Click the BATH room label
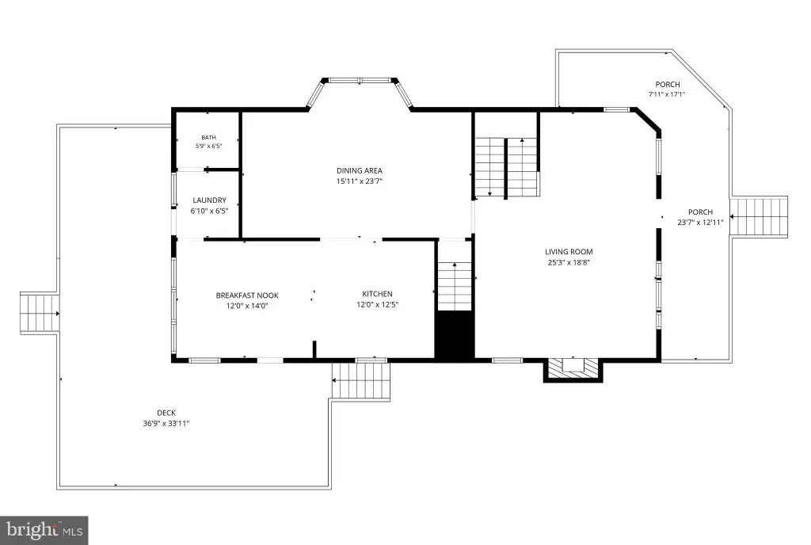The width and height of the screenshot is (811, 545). tap(208, 138)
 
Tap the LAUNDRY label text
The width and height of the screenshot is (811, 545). tap(209, 200)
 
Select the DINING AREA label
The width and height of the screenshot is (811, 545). tap(360, 170)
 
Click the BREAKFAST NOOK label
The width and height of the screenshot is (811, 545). tap(247, 295)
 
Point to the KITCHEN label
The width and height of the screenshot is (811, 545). tap(377, 294)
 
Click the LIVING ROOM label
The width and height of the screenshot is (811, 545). tap(569, 252)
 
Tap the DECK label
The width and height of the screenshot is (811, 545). tap(166, 413)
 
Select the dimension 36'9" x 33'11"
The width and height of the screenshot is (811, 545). tap(166, 424)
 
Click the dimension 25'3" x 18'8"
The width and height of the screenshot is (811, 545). tap(569, 262)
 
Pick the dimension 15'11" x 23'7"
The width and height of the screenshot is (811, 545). tap(360, 181)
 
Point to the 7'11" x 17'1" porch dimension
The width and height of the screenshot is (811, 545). tap(667, 94)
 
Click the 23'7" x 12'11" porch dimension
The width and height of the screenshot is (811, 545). tap(700, 223)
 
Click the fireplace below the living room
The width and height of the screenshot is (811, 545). tap(573, 369)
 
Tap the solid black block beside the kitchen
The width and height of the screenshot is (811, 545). tap(455, 334)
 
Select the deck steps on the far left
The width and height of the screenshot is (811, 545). tap(40, 314)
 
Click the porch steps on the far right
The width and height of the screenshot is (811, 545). tap(759, 217)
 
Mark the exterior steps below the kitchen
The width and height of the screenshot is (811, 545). tap(360, 380)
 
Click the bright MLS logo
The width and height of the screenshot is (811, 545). tap(44, 530)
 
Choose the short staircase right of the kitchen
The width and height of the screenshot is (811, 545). tap(455, 286)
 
